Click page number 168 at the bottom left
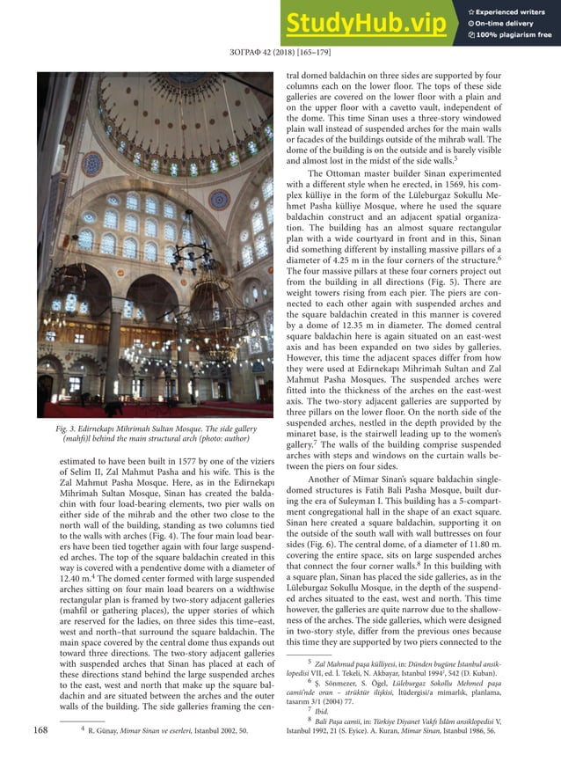coord(40,729)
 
